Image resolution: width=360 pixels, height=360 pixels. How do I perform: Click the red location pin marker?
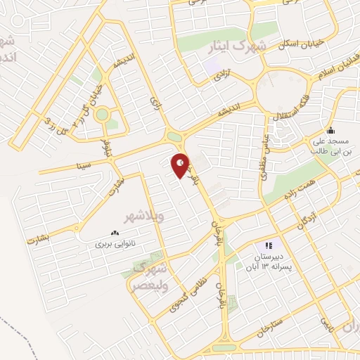pyautogui.click(x=181, y=165)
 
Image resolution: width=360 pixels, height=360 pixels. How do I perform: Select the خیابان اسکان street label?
pyautogui.click(x=302, y=42)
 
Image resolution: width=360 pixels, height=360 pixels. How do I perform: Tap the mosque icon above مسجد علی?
pyautogui.click(x=330, y=130)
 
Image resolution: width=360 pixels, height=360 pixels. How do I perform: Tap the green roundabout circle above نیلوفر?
pyautogui.click(x=103, y=113)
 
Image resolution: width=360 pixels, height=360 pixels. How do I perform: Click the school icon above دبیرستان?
pyautogui.click(x=266, y=245)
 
